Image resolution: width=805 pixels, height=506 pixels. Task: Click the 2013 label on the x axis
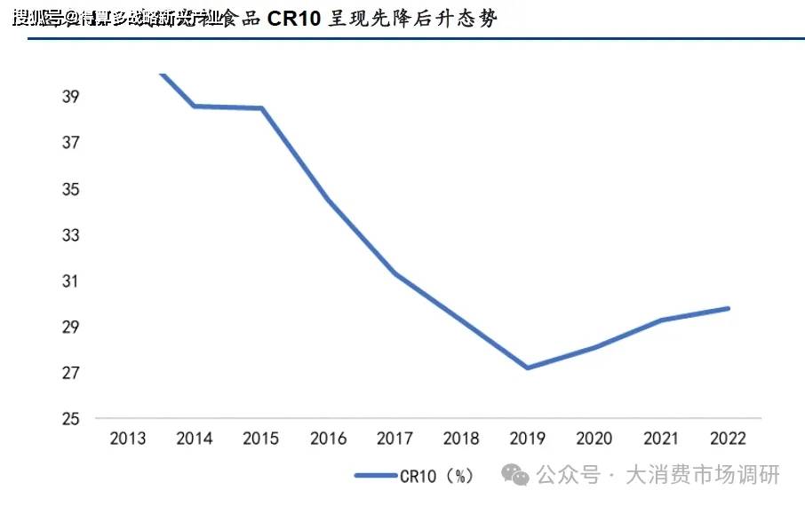[127, 439]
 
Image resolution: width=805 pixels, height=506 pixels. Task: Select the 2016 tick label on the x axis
[328, 439]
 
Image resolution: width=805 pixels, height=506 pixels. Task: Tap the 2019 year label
[528, 439]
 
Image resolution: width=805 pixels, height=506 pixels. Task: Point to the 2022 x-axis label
[729, 439]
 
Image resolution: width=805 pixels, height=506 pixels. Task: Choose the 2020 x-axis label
[594, 439]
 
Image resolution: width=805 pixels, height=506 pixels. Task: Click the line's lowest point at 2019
[528, 368]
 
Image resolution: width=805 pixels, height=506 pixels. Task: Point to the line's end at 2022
[729, 308]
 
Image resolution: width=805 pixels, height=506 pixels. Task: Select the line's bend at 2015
[262, 108]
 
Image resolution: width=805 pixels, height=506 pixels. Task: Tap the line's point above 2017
[395, 273]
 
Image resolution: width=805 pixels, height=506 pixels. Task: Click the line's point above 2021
[662, 320]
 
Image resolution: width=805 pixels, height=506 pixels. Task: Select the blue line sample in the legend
[375, 476]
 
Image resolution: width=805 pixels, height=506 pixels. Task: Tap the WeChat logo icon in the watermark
[514, 475]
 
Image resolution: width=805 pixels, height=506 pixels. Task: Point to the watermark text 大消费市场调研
[703, 475]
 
